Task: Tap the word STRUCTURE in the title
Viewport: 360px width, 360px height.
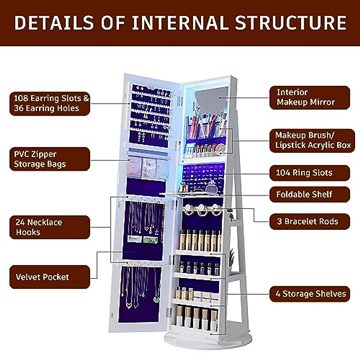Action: pos(290,23)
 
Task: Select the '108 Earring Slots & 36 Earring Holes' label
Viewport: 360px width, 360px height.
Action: pos(50,103)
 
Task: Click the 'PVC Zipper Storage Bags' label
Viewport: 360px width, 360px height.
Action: pos(50,159)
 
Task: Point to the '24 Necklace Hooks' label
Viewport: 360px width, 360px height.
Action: pos(50,227)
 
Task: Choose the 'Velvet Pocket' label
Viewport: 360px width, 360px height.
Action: pos(50,277)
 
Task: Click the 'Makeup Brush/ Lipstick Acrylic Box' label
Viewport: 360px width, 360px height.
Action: pos(312,140)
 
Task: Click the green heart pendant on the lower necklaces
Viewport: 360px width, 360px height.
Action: pos(156,299)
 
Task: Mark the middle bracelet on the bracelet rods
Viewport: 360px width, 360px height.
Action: pos(202,210)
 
